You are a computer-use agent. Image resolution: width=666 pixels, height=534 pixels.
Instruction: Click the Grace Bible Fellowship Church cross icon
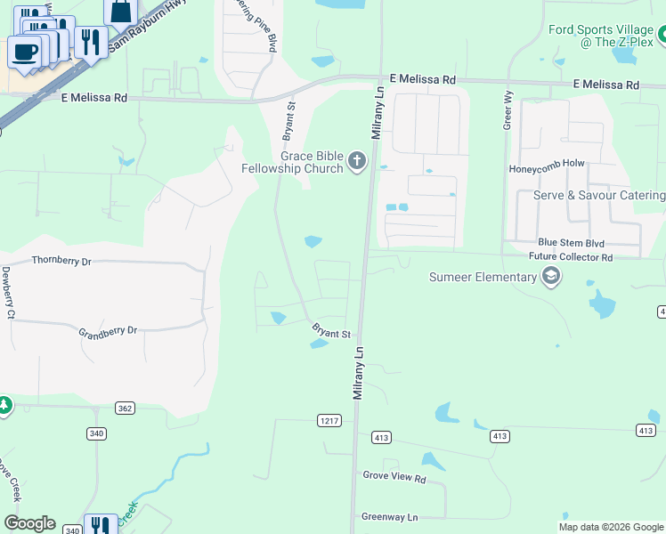(x=356, y=161)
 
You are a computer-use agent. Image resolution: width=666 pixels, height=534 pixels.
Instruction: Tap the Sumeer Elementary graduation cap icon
(x=551, y=276)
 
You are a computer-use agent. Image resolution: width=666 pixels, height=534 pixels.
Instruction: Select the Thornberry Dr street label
(x=61, y=262)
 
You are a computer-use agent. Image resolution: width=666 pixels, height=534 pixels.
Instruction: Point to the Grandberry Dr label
(x=108, y=331)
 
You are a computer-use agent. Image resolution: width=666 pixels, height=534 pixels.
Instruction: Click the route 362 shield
(x=125, y=408)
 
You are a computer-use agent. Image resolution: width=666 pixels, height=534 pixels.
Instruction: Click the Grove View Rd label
(x=394, y=477)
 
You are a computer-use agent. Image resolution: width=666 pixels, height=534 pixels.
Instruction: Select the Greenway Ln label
(x=389, y=516)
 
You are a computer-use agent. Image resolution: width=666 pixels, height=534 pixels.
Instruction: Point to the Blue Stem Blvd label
(x=571, y=243)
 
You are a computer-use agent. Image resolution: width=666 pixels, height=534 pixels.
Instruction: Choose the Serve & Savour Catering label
(x=598, y=196)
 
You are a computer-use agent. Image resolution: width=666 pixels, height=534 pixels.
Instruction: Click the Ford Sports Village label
(x=600, y=29)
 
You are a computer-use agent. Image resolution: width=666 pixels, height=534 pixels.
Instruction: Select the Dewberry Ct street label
(x=8, y=293)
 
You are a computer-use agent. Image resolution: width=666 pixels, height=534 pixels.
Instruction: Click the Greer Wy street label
(x=508, y=112)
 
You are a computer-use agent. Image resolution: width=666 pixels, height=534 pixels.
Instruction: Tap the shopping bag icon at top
(x=120, y=11)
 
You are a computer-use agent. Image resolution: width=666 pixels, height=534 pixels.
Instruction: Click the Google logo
(x=29, y=523)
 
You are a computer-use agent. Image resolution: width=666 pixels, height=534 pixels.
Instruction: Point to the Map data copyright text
(x=611, y=527)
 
